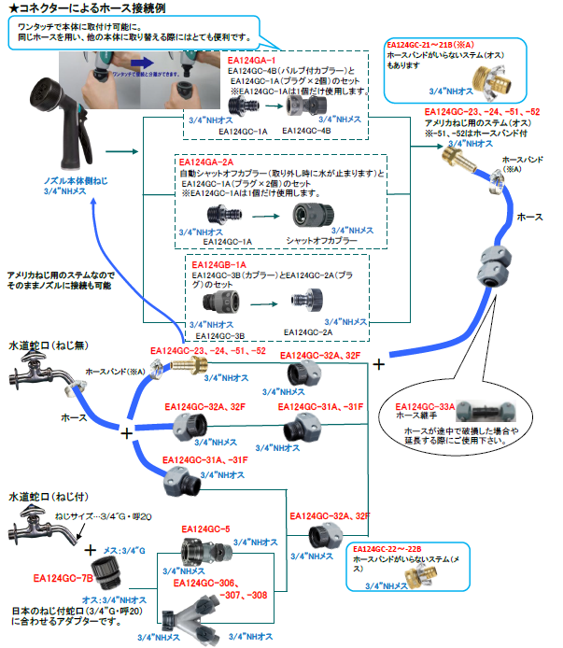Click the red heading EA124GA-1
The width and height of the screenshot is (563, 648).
(x=251, y=60)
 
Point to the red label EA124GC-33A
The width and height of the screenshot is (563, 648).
(x=426, y=407)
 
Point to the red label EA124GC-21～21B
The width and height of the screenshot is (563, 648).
(x=430, y=44)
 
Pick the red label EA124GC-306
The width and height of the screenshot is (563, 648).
(x=206, y=582)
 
